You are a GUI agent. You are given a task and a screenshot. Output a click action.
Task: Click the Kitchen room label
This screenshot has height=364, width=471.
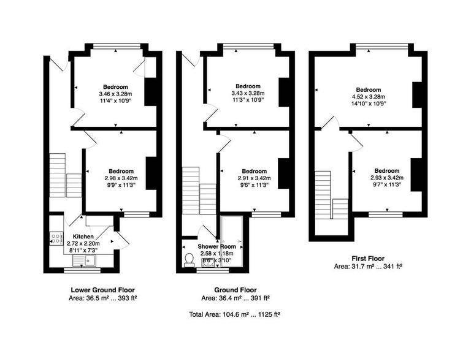83,237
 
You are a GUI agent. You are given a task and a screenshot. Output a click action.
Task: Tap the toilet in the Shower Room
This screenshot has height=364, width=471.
189,260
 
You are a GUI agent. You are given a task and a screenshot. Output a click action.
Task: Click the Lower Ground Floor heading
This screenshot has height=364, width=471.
103,290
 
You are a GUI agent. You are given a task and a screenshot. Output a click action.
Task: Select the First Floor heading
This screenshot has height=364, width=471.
368,259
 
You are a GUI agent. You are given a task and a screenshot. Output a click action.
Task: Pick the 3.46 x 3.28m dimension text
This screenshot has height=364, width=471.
115,94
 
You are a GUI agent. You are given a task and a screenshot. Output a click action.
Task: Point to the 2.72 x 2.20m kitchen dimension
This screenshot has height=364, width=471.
83,243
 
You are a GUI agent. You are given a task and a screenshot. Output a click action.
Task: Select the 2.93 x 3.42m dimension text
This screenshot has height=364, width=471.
387,178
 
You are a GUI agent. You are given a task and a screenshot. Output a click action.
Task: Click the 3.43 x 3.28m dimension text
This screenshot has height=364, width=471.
248,94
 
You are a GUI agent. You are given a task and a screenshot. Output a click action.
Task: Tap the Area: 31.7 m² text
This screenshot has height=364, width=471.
368,267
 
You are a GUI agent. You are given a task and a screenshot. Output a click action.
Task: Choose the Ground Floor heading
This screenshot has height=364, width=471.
235,290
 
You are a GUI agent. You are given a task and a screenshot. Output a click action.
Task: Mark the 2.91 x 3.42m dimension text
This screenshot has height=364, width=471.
254,178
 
